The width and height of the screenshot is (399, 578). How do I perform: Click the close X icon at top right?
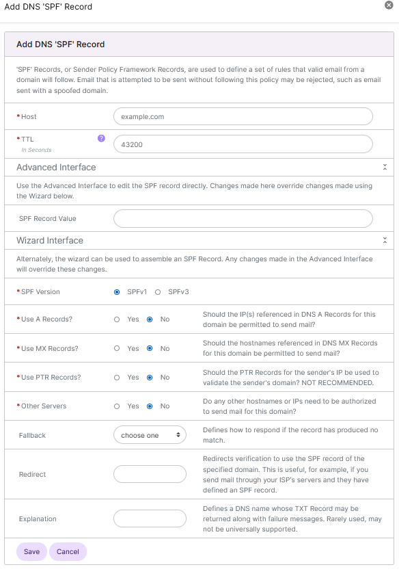point(389,5)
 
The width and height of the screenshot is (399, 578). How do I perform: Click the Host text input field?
point(243,116)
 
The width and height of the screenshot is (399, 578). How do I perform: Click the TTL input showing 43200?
point(243,144)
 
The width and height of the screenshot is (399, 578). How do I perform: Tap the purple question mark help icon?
point(101,138)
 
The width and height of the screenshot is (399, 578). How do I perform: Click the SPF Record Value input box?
point(243,218)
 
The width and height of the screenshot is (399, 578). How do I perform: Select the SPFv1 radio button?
point(117,291)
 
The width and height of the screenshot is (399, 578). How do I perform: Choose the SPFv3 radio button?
point(158,291)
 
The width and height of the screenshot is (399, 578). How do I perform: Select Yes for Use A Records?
point(117,319)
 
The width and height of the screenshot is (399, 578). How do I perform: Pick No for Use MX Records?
point(150,348)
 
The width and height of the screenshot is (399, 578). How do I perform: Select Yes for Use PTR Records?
point(117,377)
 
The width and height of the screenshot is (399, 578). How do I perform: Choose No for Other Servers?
point(150,406)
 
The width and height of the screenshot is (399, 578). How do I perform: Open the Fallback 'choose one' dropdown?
point(150,435)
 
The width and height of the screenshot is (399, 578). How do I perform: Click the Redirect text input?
point(150,474)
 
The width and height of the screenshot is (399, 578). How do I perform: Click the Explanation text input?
point(150,518)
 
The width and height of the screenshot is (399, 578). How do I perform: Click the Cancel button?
point(68,551)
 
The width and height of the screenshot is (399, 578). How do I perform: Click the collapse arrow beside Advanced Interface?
point(385,167)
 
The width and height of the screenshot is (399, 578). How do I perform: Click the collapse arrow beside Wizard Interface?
point(385,241)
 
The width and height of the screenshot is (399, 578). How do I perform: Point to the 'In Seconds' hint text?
point(36,150)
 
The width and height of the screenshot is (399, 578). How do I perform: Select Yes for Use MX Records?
point(117,348)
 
